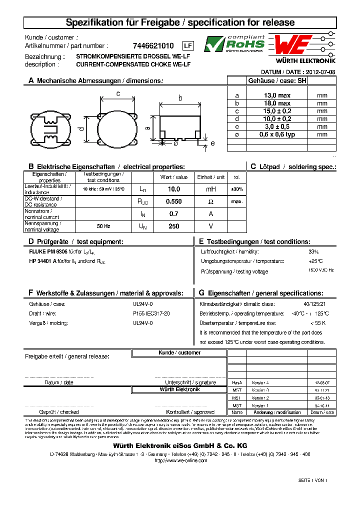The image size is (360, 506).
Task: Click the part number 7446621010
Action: [153, 45]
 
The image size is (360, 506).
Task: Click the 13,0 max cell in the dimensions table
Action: [277, 95]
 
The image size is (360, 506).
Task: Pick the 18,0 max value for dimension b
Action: [277, 103]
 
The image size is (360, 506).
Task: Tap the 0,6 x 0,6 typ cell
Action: [277, 134]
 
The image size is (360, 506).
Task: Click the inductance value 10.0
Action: [173, 189]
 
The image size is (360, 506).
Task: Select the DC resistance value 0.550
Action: [173, 201]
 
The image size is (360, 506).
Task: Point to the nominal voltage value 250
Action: [173, 226]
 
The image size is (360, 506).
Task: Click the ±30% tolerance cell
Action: [237, 189]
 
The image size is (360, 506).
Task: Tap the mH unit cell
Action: [210, 189]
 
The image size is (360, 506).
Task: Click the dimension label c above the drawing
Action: [117, 93]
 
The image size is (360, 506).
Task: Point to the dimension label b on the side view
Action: [180, 98]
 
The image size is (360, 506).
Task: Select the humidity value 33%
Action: [313, 252]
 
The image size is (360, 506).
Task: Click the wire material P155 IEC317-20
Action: [151, 313]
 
